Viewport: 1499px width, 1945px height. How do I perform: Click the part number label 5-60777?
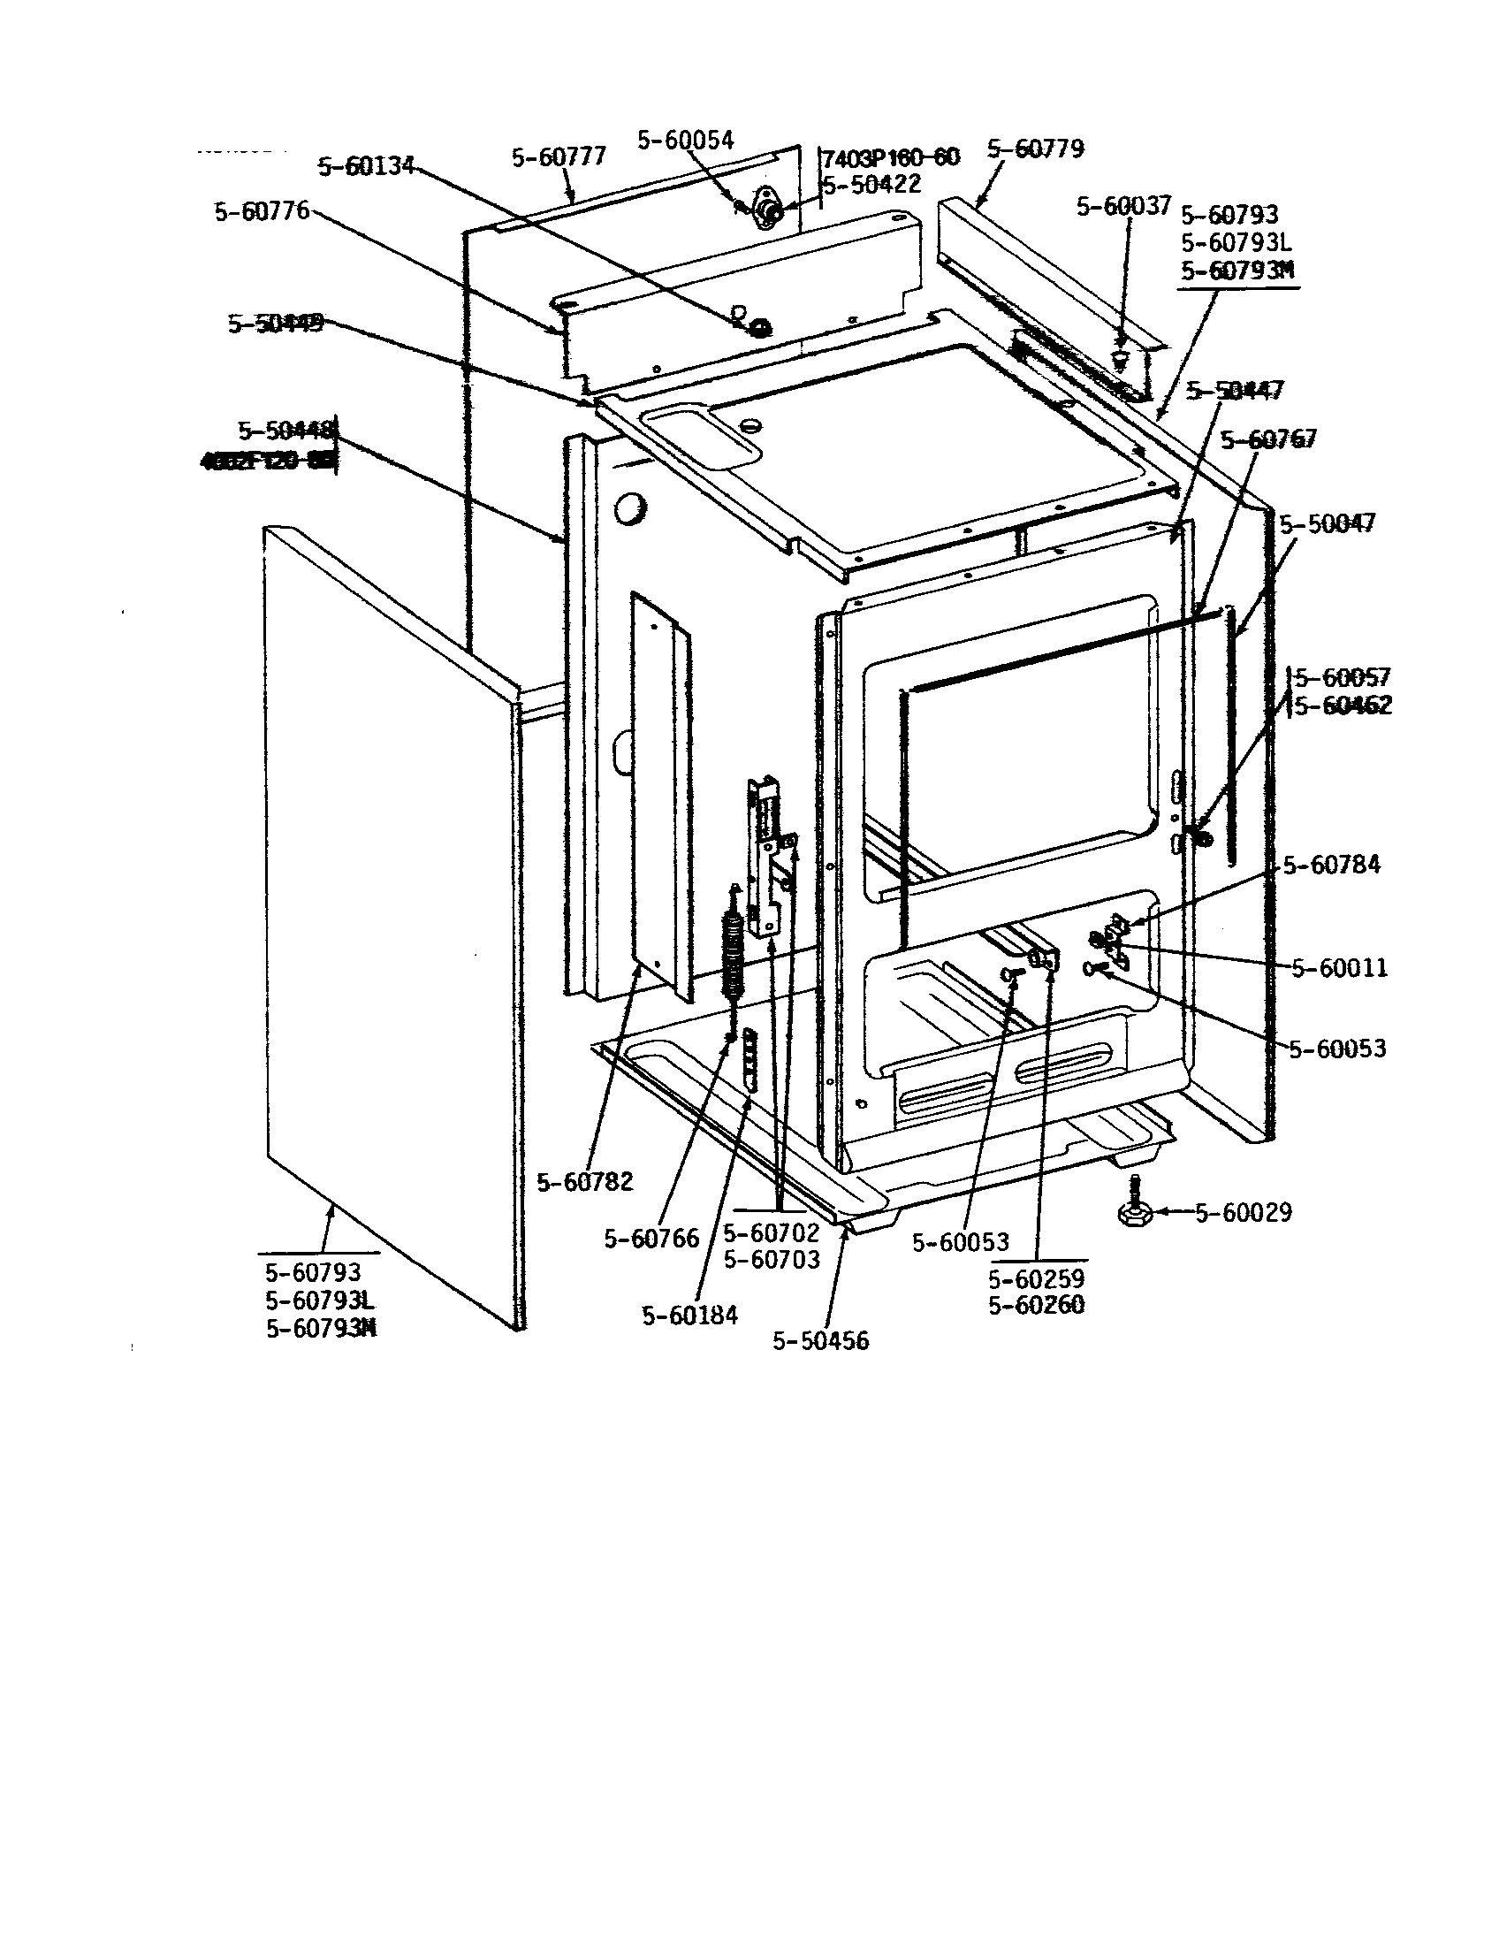point(558,156)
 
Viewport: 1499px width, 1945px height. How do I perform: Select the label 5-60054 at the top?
point(684,140)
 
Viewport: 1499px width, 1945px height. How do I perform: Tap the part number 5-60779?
point(1035,149)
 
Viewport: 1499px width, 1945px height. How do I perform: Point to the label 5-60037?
point(1123,207)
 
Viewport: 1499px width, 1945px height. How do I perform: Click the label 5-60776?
point(261,211)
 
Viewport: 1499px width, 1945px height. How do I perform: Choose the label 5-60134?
point(366,166)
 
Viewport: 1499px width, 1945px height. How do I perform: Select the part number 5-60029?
point(1243,1212)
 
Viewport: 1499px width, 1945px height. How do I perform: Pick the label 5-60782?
point(585,1182)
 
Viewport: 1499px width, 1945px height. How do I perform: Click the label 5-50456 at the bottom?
point(820,1340)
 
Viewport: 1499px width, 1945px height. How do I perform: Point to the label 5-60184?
point(690,1316)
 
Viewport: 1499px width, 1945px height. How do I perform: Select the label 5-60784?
point(1331,865)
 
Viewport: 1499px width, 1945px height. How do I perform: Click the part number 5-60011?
point(1340,968)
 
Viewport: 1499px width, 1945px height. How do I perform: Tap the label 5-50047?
point(1328,523)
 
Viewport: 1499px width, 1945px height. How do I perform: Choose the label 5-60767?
point(1267,440)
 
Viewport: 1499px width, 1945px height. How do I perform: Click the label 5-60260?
point(1036,1305)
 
